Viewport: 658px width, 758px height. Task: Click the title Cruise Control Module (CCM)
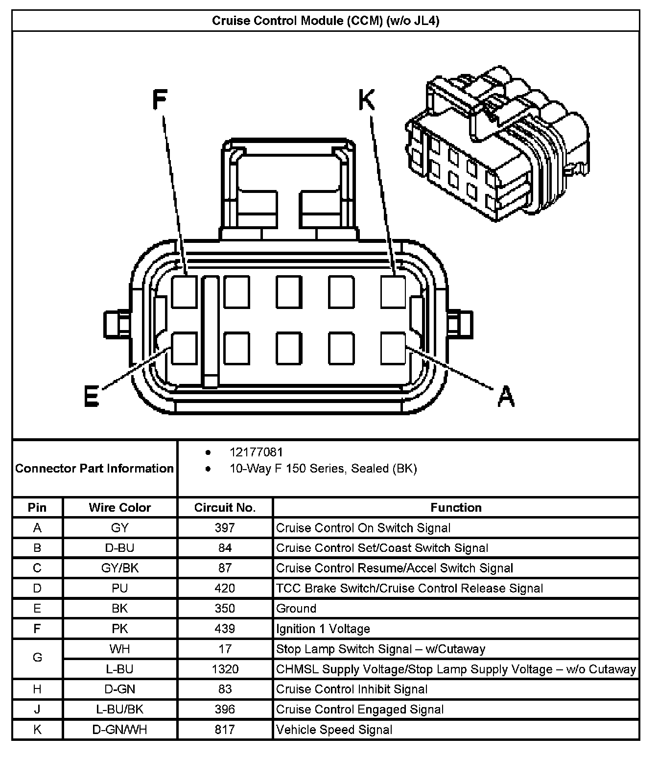(x=326, y=21)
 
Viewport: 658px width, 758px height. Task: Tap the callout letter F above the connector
(x=160, y=99)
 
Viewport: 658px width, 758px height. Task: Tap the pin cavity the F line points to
(x=185, y=292)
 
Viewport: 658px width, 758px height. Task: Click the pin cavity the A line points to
(x=393, y=348)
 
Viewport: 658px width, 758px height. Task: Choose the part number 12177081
(x=256, y=452)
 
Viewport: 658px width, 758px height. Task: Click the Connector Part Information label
(x=94, y=469)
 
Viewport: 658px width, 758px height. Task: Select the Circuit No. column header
(x=225, y=508)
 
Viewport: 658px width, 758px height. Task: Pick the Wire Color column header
(x=120, y=508)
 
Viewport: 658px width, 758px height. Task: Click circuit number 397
(x=225, y=528)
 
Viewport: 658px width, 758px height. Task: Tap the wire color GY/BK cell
(x=120, y=568)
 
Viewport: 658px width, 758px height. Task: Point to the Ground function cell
(x=296, y=609)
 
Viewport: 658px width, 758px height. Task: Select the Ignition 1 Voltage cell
(x=323, y=629)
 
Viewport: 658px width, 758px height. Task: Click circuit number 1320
(x=225, y=669)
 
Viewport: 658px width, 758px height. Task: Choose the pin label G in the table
(x=37, y=658)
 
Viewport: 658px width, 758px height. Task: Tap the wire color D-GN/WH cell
(x=120, y=730)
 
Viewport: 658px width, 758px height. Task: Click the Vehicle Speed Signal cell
(x=334, y=730)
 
